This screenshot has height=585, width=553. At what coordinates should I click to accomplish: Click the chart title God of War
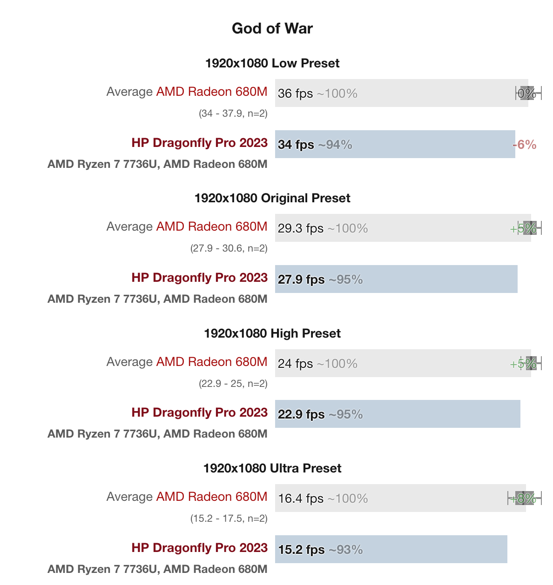pos(272,28)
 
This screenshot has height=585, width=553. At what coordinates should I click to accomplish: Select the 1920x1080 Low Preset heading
pos(272,63)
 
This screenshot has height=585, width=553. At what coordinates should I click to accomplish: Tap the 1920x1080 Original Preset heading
pos(272,198)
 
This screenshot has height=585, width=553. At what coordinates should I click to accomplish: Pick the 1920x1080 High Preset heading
pos(272,333)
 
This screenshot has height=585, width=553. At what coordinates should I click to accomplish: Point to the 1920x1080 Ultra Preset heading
pos(272,468)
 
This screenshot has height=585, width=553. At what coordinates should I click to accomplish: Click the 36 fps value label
pos(295,93)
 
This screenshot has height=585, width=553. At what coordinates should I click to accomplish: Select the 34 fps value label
pos(296,145)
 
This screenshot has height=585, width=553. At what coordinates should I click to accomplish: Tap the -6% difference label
pos(525,145)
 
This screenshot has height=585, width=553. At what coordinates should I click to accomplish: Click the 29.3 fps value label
pos(300,228)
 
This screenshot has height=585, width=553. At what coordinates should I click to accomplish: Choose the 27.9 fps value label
pos(301,279)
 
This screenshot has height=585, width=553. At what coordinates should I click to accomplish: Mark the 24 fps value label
pos(295,364)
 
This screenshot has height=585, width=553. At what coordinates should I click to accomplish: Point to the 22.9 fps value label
pos(301,414)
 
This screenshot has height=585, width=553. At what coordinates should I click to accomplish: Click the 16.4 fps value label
pos(301,499)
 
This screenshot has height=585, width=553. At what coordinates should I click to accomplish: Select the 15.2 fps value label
pos(301,550)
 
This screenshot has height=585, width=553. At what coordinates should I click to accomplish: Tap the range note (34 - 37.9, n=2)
pos(233,113)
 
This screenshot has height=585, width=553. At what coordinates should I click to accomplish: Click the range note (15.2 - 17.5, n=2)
pos(229,519)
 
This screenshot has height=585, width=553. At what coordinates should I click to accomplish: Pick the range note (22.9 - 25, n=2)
pos(233,384)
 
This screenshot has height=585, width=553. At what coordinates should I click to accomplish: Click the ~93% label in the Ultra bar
pos(346,550)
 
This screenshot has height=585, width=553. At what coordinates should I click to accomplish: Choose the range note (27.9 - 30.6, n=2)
pos(229,248)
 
